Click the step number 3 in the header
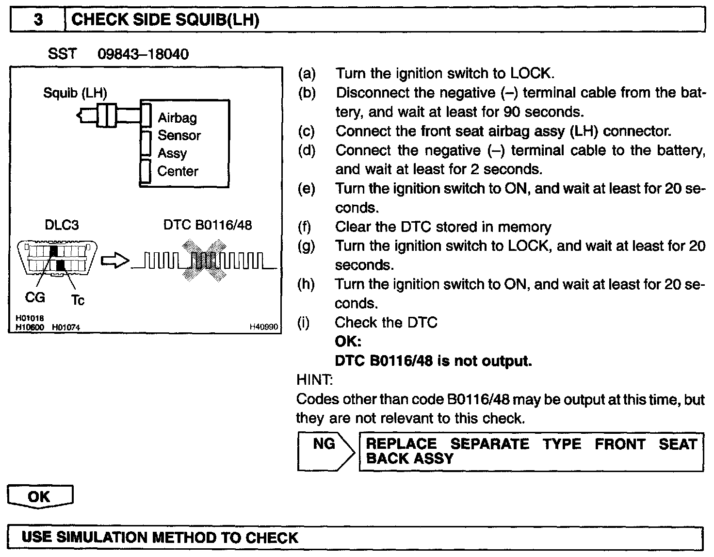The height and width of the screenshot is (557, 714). coord(38,20)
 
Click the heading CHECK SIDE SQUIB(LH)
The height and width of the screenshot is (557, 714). coord(165,20)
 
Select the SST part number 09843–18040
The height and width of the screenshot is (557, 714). coord(143,54)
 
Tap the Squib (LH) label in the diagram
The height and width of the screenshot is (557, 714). coord(75,92)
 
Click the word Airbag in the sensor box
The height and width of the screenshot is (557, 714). coord(177,117)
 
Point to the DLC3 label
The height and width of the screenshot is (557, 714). coord(62,225)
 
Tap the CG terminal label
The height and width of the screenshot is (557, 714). coord(34,297)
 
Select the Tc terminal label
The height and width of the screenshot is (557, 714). coord(78,300)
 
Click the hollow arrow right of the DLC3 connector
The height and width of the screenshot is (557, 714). coord(114,261)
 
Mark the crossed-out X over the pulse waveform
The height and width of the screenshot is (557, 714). coord(204,261)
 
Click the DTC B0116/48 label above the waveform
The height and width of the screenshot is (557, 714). coord(207,225)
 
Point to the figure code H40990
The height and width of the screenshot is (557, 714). coord(264,328)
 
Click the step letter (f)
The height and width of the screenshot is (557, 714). coord(304,227)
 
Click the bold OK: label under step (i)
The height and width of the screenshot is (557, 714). coord(348,342)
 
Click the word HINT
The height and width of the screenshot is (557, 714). coord(314,379)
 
